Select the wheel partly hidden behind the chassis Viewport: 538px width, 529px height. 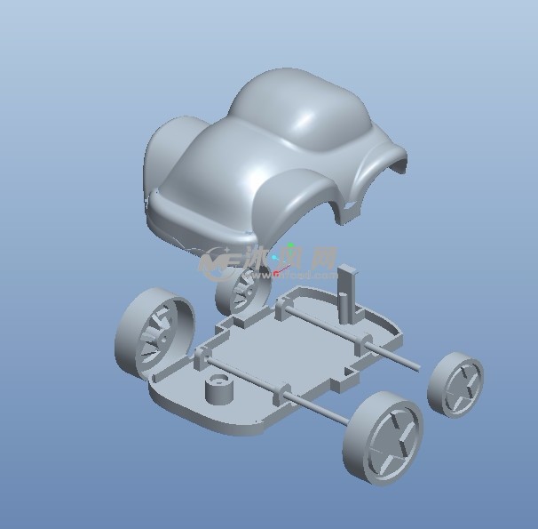[x=241, y=289]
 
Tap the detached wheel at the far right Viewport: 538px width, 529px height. [x=455, y=384]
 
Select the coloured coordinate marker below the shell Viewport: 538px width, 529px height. [x=282, y=257]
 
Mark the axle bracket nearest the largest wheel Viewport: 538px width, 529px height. [x=200, y=358]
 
